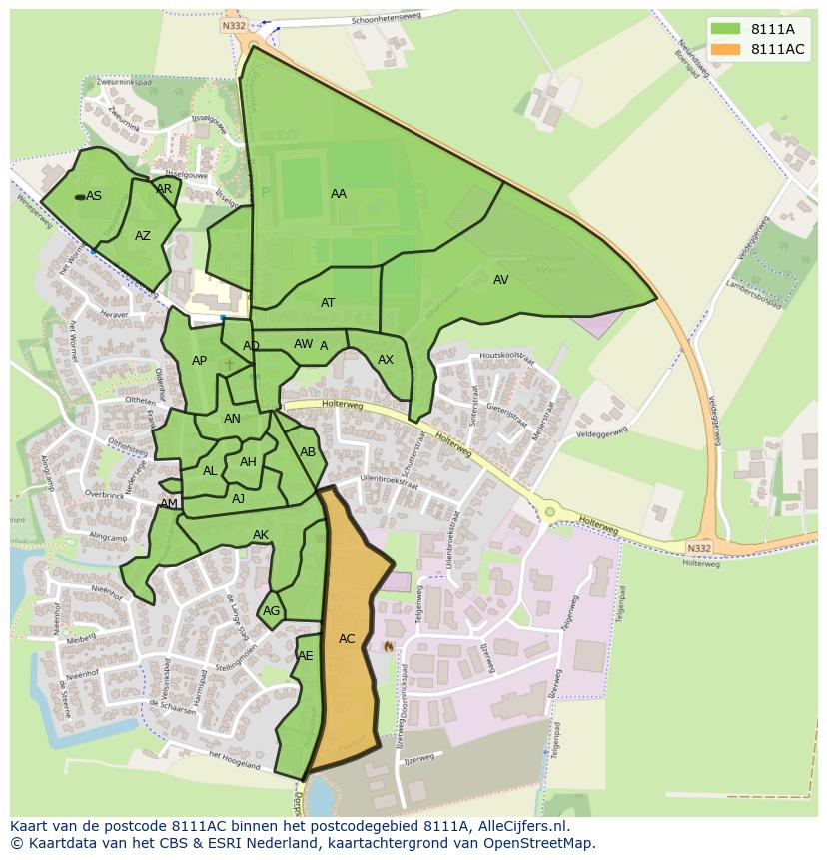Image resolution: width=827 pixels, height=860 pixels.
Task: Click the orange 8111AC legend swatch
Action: [x=726, y=50]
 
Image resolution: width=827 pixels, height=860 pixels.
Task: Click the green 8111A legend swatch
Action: [x=726, y=30]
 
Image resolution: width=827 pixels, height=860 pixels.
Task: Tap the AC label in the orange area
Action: [x=347, y=639]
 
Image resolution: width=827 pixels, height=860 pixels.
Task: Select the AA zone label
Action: [x=339, y=194]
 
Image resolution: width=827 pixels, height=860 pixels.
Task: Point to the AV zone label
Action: [x=501, y=280]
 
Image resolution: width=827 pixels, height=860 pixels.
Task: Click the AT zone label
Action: [x=328, y=303]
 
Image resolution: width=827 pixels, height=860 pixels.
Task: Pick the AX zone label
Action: [x=386, y=360]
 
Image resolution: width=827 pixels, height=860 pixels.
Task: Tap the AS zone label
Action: [x=94, y=196]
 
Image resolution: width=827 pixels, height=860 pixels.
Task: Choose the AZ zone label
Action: [x=143, y=236]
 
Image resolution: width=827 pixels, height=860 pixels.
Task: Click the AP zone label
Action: [x=199, y=361]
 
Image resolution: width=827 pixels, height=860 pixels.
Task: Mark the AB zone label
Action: [x=308, y=452]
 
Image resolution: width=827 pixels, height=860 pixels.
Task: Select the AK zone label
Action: [x=261, y=535]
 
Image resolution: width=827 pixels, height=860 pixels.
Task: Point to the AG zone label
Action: [x=271, y=611]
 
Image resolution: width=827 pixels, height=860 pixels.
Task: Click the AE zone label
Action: [x=306, y=656]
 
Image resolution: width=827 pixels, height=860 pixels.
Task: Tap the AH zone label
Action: [x=248, y=462]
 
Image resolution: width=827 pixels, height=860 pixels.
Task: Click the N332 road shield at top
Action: [x=234, y=26]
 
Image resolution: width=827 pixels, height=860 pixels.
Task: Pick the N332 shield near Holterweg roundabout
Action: [x=699, y=548]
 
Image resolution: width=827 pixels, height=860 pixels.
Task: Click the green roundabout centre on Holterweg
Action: [x=549, y=512]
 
